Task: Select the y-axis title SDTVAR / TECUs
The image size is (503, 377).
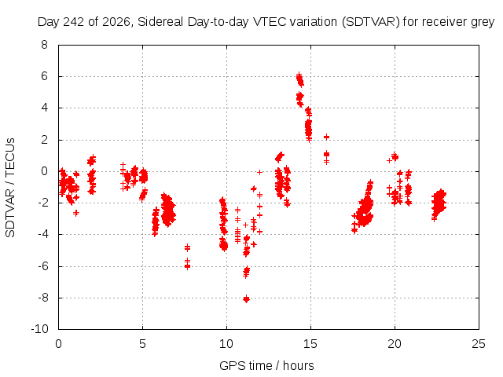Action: coord(10,188)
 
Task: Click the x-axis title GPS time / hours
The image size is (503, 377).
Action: coord(266,366)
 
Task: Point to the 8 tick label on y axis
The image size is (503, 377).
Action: coord(44,45)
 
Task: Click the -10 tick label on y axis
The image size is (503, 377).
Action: coord(40,329)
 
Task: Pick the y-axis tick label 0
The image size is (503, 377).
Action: coord(44,171)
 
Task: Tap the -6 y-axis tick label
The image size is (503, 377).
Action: coord(42,265)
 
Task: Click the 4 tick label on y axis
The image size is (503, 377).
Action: coord(44,108)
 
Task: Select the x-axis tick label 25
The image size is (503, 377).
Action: coord(479,344)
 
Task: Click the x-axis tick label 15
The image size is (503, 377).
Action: coord(310,344)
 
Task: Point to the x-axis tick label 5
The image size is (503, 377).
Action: coord(142,344)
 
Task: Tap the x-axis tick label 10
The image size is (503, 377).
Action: coord(226,344)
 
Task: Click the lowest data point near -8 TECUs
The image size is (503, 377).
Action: coord(246,299)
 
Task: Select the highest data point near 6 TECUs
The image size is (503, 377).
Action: coord(299,75)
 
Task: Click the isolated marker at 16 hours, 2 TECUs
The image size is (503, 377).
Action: coord(327,137)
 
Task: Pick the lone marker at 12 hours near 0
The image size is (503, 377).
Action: coord(260,173)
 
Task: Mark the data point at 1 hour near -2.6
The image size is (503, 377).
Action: coord(76,213)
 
